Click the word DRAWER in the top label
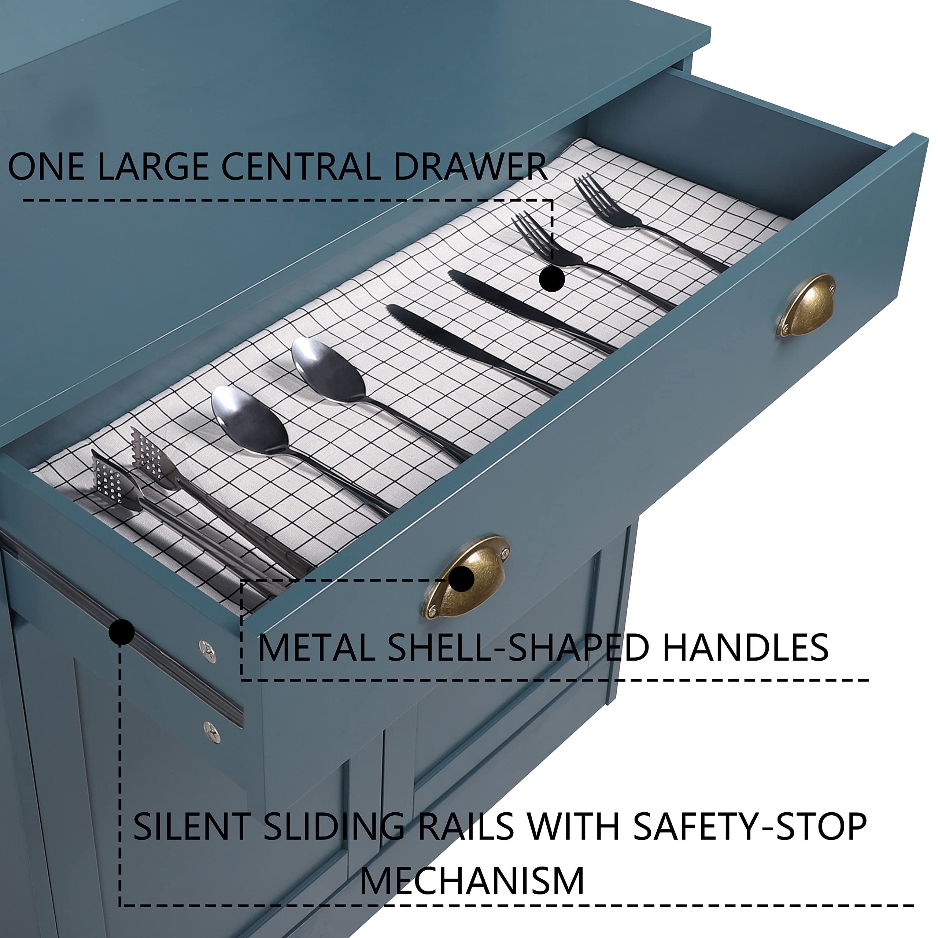470,166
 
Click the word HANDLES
746,647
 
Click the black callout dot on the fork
551,279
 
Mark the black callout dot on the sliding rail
121,632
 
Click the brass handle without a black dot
806,304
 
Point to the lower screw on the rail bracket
212,732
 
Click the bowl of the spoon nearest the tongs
250,421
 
